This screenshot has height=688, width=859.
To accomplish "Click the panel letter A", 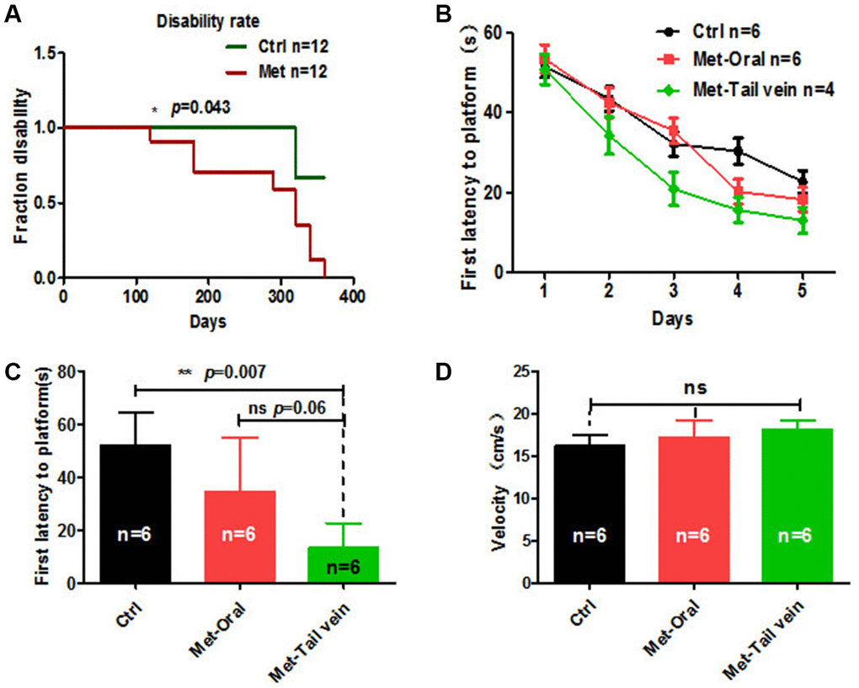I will (13, 14).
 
